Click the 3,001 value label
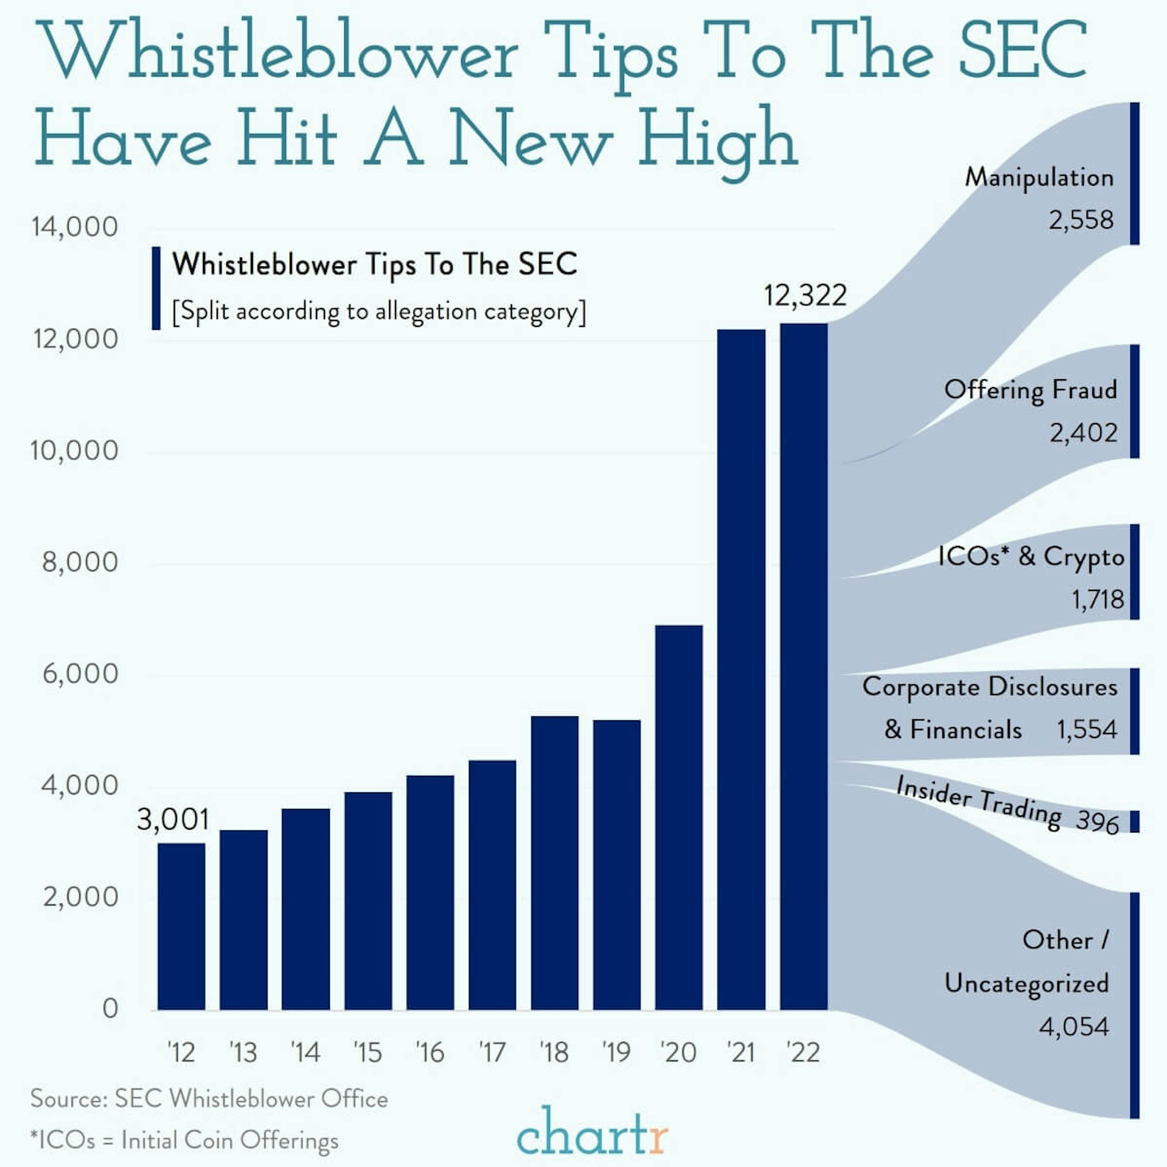(173, 820)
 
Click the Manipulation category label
(1039, 177)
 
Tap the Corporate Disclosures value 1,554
(1087, 730)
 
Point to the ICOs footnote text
(184, 1141)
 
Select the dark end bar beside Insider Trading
(1134, 821)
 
